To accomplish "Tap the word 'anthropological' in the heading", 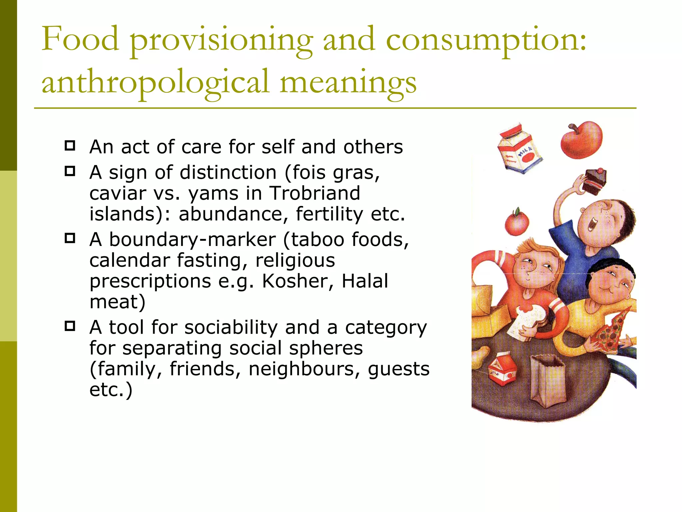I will (155, 83).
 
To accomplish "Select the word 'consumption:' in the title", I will (486, 41).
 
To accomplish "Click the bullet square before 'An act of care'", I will (70, 146).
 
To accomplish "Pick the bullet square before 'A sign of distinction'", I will (70, 171).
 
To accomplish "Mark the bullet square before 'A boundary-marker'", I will (70, 238).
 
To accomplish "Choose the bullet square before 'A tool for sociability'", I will (70, 326).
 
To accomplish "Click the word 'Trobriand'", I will (315, 193).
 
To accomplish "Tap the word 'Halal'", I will (365, 281).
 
